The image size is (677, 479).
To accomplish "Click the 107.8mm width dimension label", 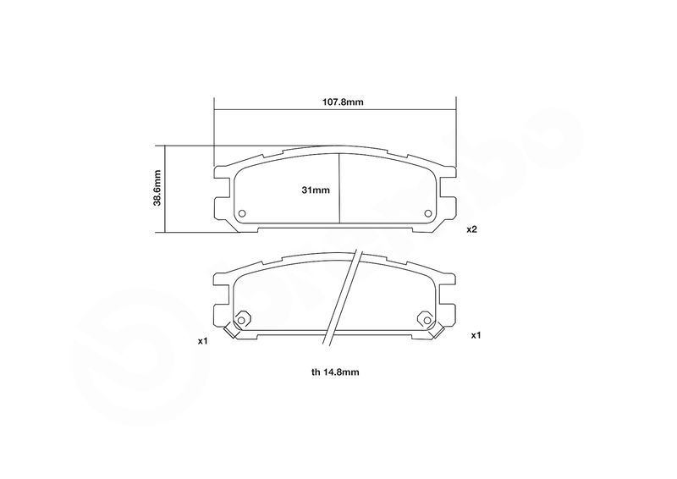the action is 343,102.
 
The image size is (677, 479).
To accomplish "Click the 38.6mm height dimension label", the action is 157,188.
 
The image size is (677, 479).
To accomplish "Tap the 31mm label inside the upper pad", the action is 316,190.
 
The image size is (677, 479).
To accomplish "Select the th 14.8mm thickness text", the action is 335,372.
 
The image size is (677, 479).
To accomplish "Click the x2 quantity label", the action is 471,229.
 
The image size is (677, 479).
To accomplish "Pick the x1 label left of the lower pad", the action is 203,341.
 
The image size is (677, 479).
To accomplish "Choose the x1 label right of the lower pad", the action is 476,335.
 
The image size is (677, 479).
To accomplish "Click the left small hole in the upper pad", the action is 242,213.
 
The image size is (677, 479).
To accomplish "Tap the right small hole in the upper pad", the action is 428,213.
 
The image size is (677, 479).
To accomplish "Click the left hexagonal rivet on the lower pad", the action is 241,320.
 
